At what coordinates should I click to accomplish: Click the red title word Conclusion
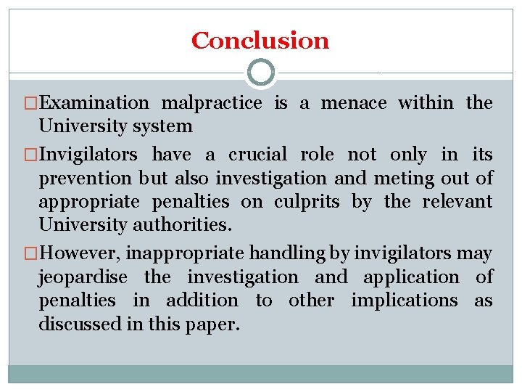[x=260, y=41]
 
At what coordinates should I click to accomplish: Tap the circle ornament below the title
[x=261, y=73]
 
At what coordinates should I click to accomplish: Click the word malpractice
[x=211, y=103]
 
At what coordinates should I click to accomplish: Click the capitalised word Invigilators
[x=91, y=155]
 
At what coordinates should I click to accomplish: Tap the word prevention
[x=85, y=178]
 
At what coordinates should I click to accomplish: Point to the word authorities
[x=183, y=224]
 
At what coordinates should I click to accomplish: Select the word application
[x=411, y=277]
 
